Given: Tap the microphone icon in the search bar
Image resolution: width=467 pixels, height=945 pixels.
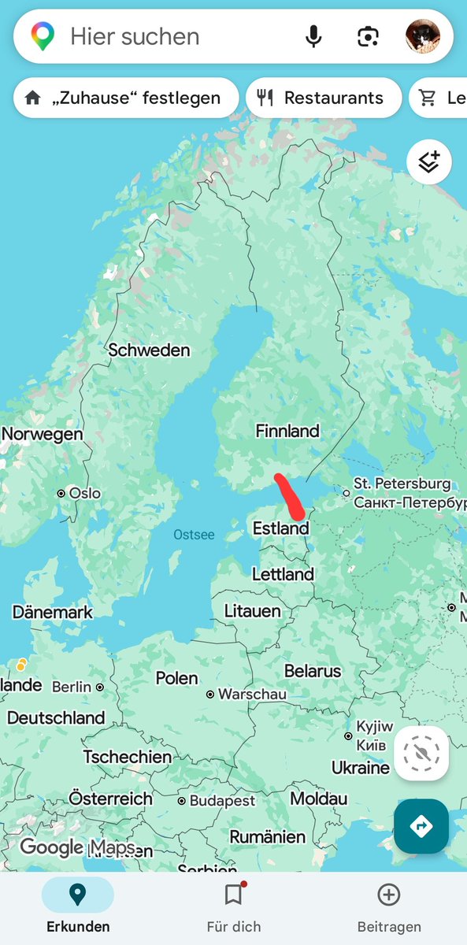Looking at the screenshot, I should coord(314,36).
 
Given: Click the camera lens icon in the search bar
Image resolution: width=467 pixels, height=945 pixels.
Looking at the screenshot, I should coord(368,36).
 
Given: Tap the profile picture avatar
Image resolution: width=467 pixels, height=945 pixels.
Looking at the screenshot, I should coord(423,36).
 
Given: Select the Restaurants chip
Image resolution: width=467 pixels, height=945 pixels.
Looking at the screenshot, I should coord(324,98).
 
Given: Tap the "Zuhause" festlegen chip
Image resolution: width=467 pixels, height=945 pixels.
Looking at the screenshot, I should coord(126,98).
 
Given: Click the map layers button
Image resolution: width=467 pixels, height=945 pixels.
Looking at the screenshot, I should coord(428,161).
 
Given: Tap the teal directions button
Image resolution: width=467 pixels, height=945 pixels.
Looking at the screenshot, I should coord(421,826).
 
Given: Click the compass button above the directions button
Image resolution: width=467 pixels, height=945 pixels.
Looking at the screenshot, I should coord(421,754).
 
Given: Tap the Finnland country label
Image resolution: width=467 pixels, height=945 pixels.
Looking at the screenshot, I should coord(287,431).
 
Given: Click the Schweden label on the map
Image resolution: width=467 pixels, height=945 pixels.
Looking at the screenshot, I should coord(149,350).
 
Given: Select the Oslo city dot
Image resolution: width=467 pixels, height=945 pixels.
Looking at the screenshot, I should coord(61,493).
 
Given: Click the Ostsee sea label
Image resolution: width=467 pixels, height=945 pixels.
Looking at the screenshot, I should coord(194,535).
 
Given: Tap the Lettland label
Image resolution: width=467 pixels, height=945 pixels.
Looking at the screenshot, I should coord(283,574).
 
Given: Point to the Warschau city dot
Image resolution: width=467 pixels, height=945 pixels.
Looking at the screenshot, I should coord(210,695).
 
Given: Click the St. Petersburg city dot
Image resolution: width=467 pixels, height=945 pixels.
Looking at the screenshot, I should coord(346,493).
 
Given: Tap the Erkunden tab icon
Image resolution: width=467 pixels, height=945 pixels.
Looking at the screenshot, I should coord(77,895).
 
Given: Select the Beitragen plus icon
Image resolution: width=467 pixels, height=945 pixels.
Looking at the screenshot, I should coord(388,895).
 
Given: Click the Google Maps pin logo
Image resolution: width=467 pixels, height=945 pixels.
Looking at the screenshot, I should coord(43,36).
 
